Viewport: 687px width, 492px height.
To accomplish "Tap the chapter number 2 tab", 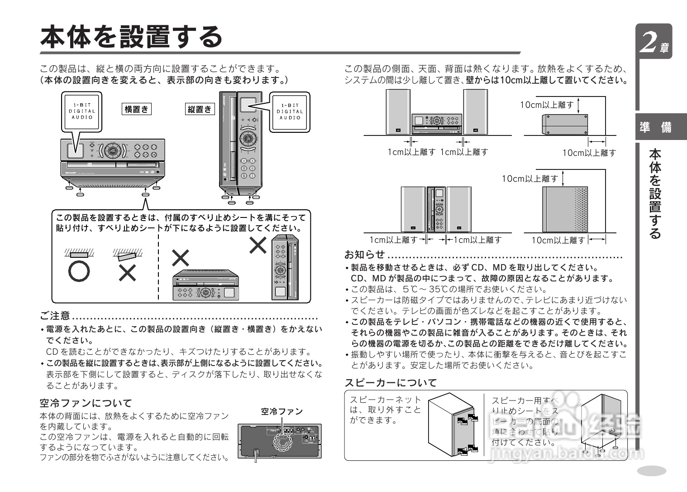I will click(653, 42).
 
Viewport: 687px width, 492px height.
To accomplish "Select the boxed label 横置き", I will click(136, 109).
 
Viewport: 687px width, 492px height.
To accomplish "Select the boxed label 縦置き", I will click(200, 109).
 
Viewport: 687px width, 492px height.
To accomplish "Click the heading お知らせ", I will click(364, 254).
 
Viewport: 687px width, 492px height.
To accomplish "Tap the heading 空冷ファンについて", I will click(86, 403).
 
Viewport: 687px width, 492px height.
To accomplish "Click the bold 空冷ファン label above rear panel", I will click(281, 411).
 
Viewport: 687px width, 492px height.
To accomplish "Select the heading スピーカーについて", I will click(391, 383).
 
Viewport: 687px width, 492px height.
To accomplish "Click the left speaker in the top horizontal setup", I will click(398, 111).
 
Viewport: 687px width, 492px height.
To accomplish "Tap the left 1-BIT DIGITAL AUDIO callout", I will click(82, 111).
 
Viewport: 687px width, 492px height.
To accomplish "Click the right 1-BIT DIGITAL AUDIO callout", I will click(290, 111).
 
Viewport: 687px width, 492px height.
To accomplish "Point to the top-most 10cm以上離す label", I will click(547, 105).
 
